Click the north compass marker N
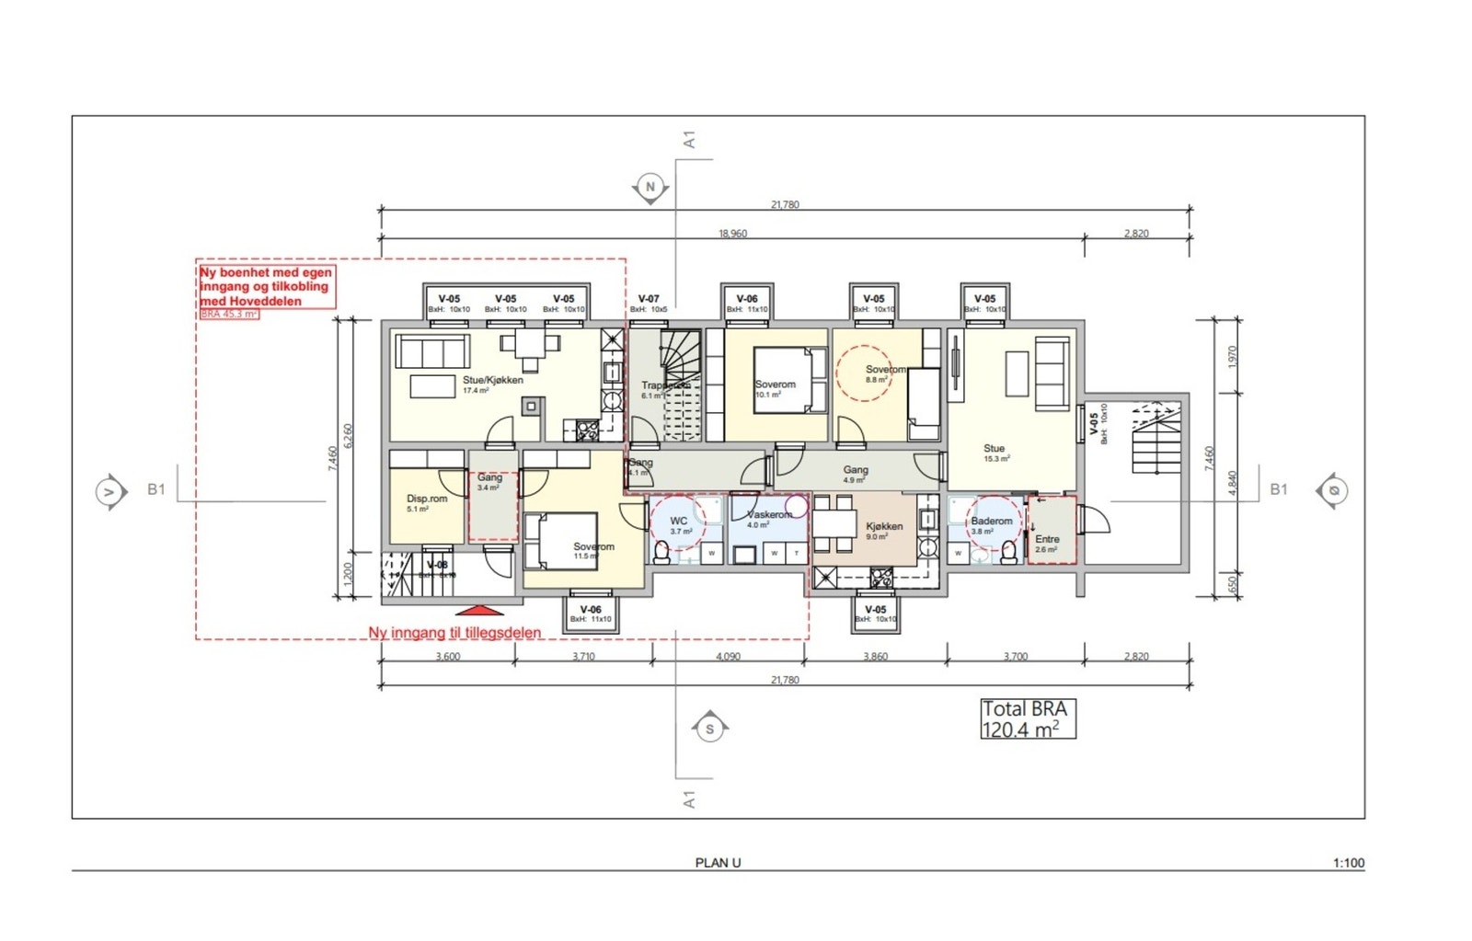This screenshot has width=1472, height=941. [650, 188]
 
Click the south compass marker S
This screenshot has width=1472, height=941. [709, 729]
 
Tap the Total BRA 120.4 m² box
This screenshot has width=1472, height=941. [1027, 719]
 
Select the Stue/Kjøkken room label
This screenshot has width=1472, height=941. [492, 380]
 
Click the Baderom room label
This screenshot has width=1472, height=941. [991, 522]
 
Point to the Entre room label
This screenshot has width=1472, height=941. [1047, 540]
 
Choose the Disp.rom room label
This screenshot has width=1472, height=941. [427, 499]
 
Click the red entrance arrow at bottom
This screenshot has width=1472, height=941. [480, 610]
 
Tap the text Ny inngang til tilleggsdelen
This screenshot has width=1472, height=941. [454, 633]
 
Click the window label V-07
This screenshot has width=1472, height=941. [649, 299]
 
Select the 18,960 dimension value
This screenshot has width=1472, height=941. [732, 234]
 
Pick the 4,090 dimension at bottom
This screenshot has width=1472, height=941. [728, 657]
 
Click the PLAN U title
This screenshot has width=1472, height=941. [718, 863]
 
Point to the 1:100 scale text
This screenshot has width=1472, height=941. [1348, 863]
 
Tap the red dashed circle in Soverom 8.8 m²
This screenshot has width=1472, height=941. [864, 373]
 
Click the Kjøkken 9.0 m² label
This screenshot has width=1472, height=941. [883, 527]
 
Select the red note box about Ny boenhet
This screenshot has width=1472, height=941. [267, 286]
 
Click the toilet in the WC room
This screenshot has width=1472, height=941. [661, 550]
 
